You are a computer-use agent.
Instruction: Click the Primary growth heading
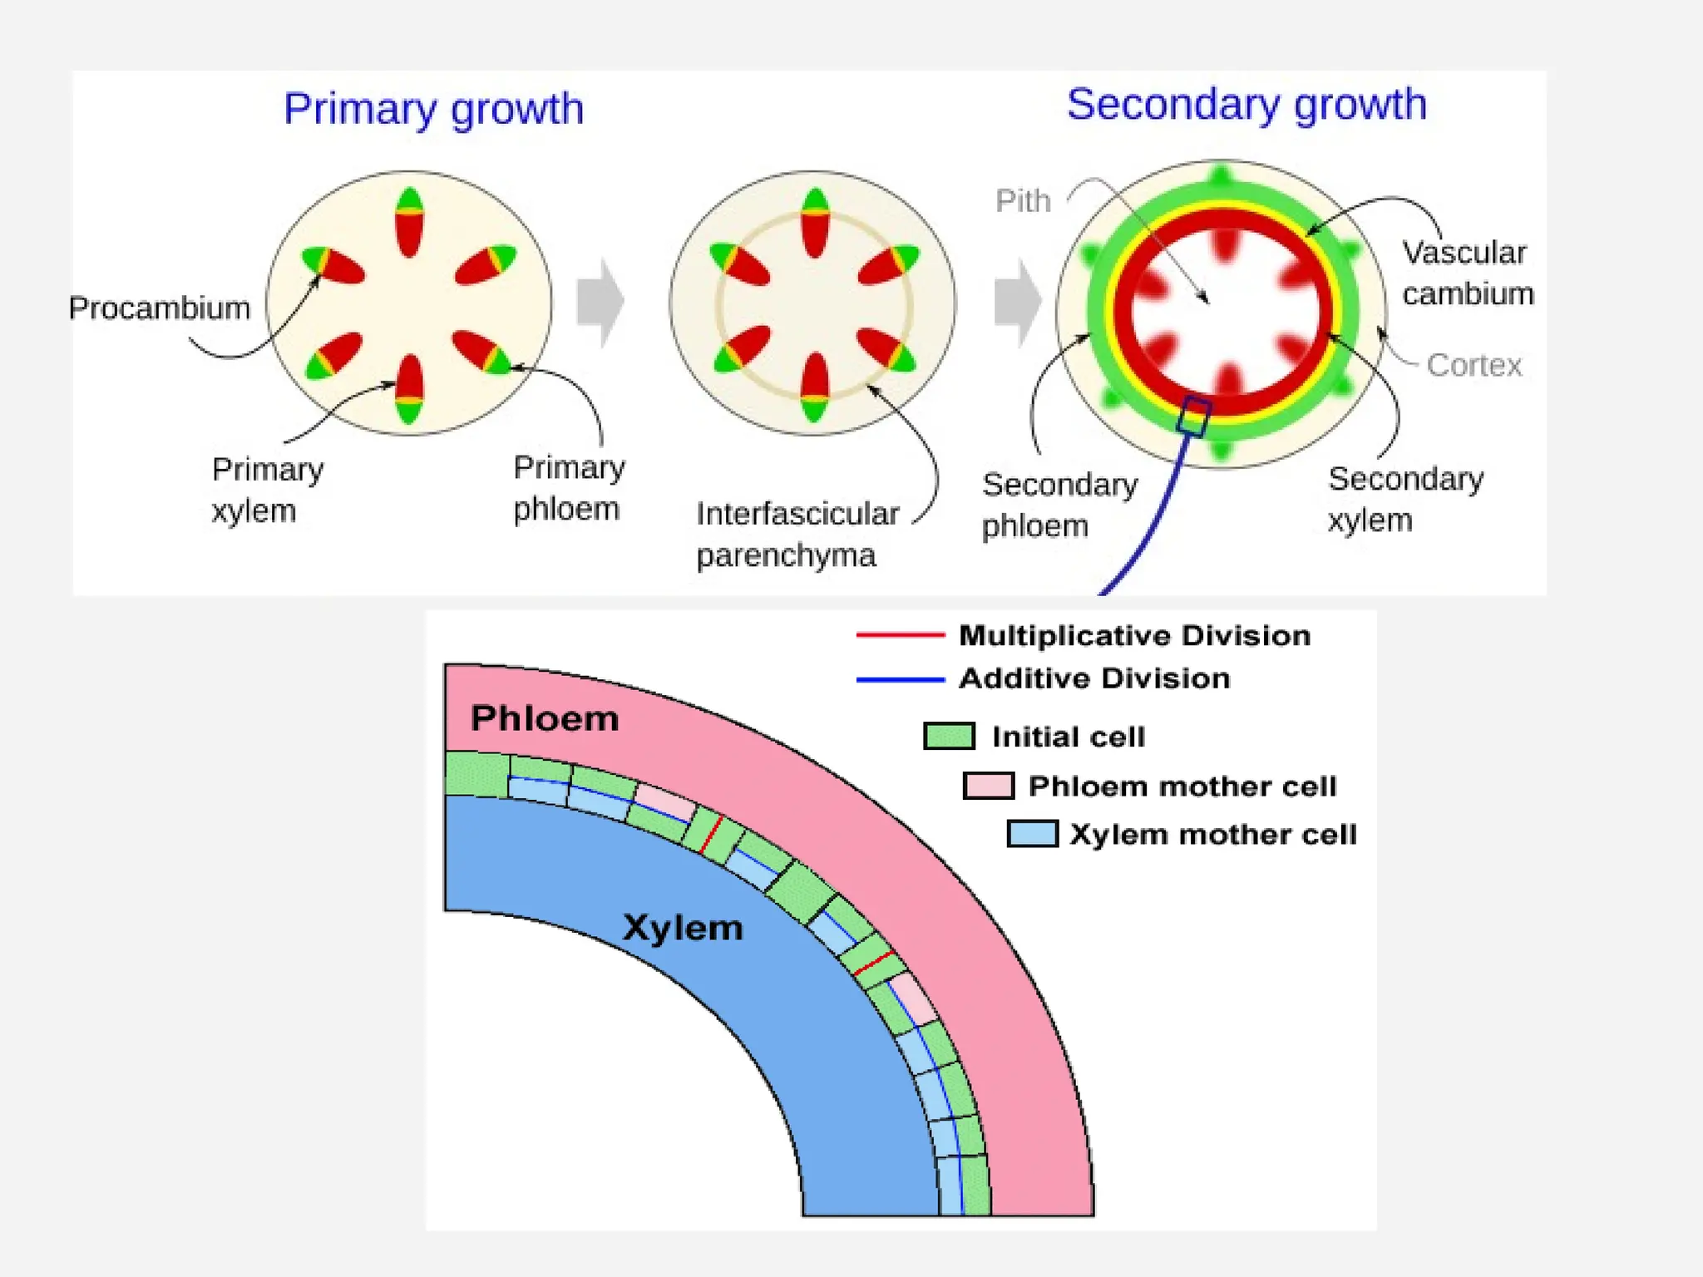(x=433, y=110)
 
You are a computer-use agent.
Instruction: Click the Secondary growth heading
(x=1246, y=106)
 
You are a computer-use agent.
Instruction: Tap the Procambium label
(x=159, y=308)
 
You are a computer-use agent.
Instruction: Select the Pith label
(x=1023, y=201)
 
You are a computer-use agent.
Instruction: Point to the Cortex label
(x=1473, y=365)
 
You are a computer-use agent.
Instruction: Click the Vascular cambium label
(x=1468, y=273)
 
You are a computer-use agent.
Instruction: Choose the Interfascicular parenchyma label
(x=797, y=535)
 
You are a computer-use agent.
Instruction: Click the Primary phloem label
(x=569, y=488)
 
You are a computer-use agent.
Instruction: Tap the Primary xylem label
(x=267, y=491)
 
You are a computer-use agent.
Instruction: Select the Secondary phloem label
(x=1059, y=505)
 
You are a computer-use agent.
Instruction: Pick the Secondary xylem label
(x=1405, y=500)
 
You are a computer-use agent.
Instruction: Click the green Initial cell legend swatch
(x=949, y=736)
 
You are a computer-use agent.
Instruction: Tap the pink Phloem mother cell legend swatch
(x=989, y=786)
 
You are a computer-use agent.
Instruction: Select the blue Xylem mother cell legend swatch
(x=1032, y=834)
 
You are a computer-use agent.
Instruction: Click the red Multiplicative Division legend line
(x=901, y=635)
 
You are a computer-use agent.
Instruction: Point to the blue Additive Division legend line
(x=901, y=680)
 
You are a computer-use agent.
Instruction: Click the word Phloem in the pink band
(x=545, y=719)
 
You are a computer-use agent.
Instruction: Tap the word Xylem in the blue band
(x=683, y=928)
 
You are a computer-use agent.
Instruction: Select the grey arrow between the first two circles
(x=600, y=303)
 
